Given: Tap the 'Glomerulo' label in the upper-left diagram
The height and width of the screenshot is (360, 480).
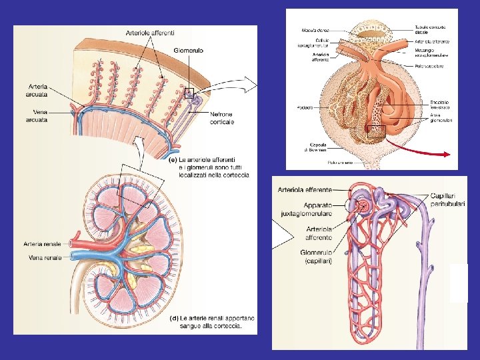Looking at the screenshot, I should (x=189, y=50).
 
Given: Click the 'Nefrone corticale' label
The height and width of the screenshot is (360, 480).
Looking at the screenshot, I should (x=222, y=118).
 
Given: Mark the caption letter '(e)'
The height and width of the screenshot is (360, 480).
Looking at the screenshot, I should (x=171, y=160).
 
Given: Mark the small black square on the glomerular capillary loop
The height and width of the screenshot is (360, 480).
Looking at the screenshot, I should (x=376, y=131).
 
